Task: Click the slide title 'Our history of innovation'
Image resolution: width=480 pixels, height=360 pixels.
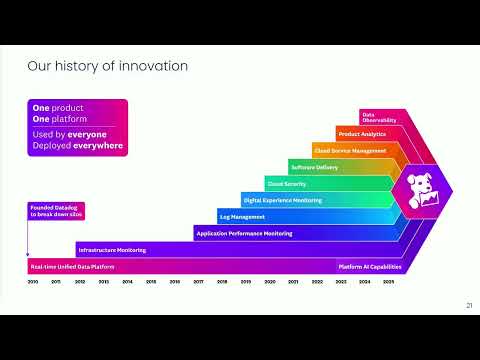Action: click(107, 66)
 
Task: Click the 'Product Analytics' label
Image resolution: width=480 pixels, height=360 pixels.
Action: click(361, 134)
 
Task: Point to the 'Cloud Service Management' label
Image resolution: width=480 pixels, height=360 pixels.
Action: click(350, 151)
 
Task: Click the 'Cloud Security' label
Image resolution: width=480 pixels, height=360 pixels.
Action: click(286, 184)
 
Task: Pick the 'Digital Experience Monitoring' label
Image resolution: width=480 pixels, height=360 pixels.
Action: click(282, 200)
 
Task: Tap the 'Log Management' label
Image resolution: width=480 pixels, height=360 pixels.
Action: click(241, 216)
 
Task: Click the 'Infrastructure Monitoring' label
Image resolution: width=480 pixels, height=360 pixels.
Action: click(112, 250)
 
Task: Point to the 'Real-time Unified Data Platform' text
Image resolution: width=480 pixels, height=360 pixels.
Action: click(67, 267)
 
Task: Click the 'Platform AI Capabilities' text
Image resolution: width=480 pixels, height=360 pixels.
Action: click(370, 267)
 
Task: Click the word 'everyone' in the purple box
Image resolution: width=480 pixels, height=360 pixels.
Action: click(87, 133)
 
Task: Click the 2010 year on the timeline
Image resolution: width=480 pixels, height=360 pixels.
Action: click(32, 283)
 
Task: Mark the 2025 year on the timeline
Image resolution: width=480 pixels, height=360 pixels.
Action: click(388, 283)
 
